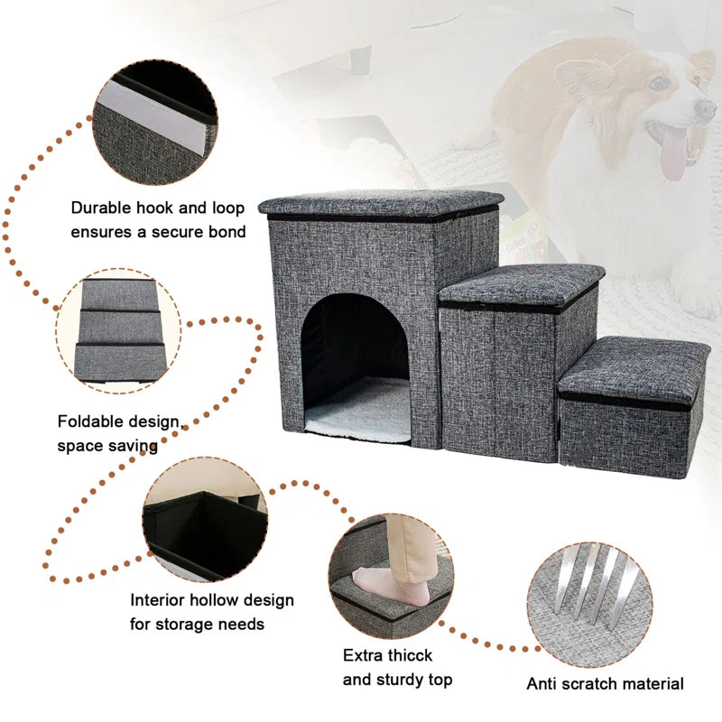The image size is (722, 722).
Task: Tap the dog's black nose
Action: pos(706,109)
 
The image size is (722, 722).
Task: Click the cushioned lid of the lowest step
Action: pos(632,368)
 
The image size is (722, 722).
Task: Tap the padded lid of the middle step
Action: pos(522,282)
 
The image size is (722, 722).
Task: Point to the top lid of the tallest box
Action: pos(381,203)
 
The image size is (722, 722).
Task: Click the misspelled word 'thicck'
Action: pos(404,655)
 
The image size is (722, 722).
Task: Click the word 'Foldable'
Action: pos(92,421)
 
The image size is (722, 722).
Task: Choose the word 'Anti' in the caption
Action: pos(543,684)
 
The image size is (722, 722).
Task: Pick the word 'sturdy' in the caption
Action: pos(402,679)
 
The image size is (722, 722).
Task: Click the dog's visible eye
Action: pos(659,83)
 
